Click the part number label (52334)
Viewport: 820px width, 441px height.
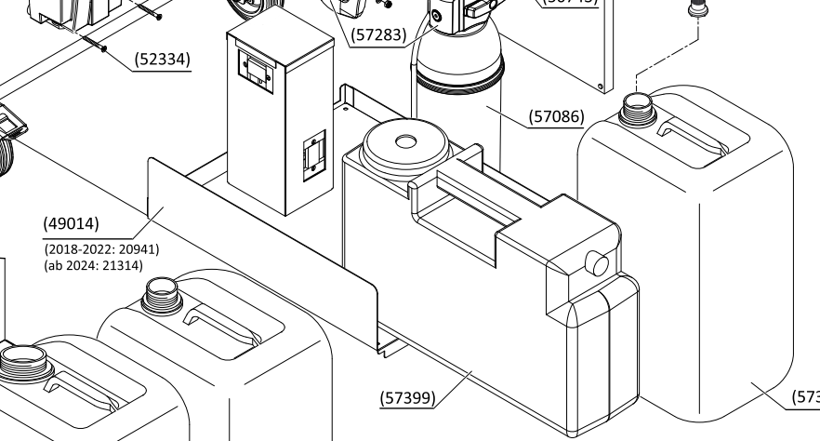pyautogui.click(x=163, y=60)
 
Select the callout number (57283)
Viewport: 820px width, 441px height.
pyautogui.click(x=377, y=36)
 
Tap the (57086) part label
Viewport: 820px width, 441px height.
pyautogui.click(x=556, y=117)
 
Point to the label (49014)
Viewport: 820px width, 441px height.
pyautogui.click(x=71, y=223)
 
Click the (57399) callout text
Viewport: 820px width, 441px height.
pyautogui.click(x=407, y=398)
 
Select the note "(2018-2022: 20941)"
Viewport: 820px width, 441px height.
pyautogui.click(x=100, y=249)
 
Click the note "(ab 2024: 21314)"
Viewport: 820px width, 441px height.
pyautogui.click(x=93, y=266)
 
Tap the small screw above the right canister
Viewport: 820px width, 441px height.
pyautogui.click(x=694, y=11)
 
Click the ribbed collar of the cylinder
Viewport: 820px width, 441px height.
pyautogui.click(x=458, y=76)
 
